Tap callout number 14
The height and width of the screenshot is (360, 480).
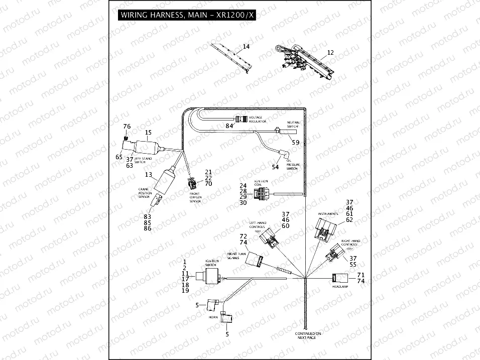pos(246,47)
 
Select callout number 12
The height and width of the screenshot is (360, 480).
pos(330,52)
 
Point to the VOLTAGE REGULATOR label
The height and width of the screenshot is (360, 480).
pos(259,119)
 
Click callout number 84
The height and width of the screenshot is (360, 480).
pos(229,126)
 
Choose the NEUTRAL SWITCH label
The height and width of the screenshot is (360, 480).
pos(293,125)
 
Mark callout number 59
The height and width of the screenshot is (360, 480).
pos(296,143)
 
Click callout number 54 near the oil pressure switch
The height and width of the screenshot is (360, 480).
pos(275,166)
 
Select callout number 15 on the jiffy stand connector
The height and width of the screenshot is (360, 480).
pos(148,133)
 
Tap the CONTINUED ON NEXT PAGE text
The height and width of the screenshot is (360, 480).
pos(308,336)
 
